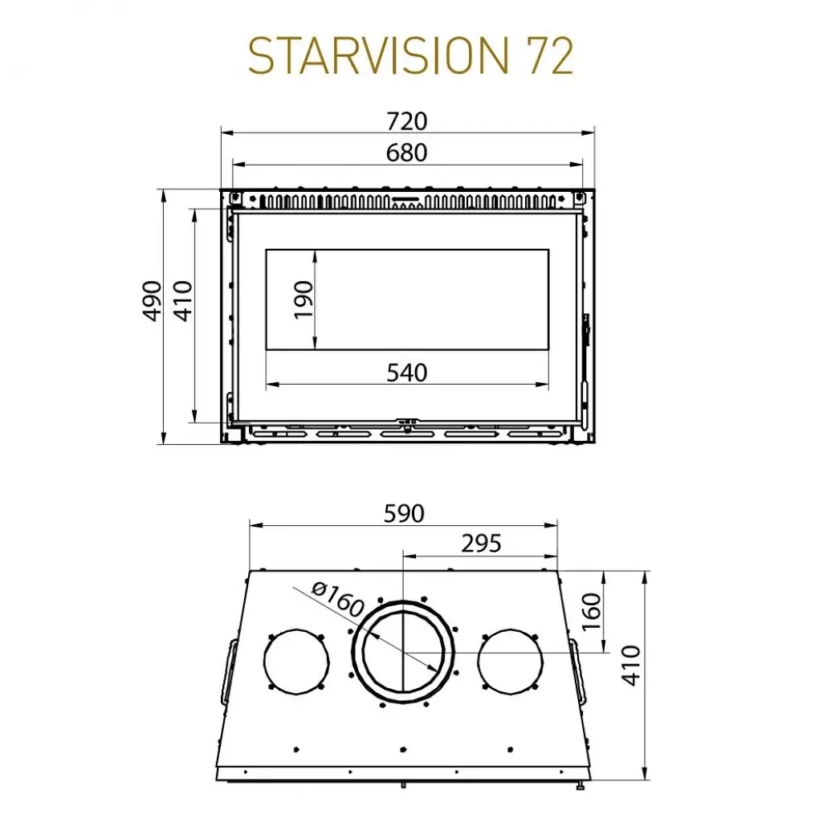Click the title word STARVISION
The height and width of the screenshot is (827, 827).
373,57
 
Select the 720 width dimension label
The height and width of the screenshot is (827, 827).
407,121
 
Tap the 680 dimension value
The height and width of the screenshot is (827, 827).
407,152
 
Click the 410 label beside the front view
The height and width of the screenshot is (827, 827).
183,301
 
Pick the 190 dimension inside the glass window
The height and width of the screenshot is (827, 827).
304,299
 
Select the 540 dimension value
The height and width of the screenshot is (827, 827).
407,373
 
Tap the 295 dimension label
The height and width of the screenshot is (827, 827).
481,544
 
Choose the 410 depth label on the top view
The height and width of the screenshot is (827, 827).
633,665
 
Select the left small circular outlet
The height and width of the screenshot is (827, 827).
296,661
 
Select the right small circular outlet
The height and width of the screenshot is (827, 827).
511,661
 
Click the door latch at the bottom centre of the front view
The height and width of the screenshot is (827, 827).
408,422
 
